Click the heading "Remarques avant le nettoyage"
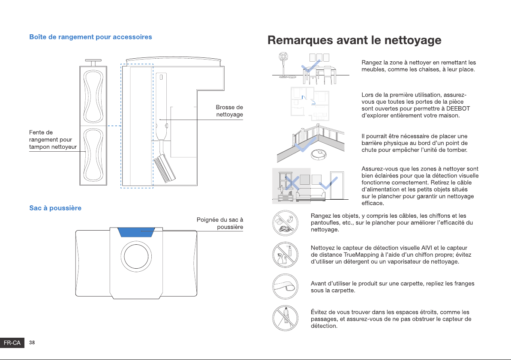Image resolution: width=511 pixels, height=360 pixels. point(354,40)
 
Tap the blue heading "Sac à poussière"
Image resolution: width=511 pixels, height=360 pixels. point(55,208)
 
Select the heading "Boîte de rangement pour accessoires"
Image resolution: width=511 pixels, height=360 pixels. point(90,37)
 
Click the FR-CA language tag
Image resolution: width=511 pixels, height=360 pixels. point(12,343)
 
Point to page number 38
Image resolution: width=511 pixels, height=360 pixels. point(32,342)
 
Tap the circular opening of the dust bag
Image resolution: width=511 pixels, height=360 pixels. point(136,257)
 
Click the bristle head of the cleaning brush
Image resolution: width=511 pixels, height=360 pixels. point(165,169)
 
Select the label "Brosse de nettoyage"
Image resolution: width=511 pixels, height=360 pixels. point(229,111)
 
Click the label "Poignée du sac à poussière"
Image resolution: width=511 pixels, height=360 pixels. point(220,223)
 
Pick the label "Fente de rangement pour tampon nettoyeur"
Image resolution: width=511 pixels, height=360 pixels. point(53,139)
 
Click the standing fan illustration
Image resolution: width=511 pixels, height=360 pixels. point(283,65)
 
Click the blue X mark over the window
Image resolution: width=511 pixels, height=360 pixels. point(292,183)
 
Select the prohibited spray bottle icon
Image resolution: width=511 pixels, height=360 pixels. point(285,255)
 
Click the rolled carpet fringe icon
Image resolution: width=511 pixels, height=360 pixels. point(285,287)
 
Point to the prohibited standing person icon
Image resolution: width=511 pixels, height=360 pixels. point(285,318)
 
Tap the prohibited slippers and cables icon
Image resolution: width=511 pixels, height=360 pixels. point(285,223)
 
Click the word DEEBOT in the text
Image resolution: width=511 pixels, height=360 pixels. point(458,108)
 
